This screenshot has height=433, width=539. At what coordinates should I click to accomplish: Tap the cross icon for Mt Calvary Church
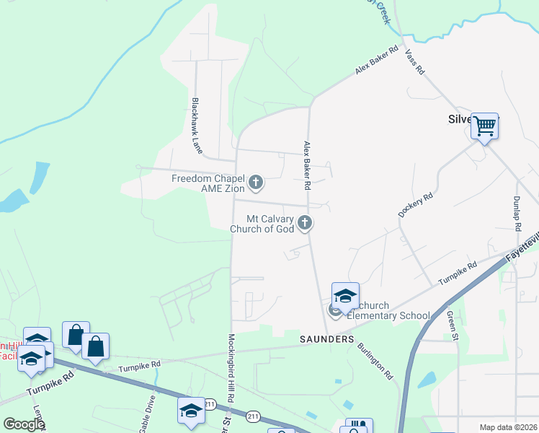[x=305, y=223]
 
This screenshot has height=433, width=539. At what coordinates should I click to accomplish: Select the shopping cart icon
[x=485, y=126]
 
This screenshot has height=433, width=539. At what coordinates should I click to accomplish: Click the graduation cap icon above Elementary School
[x=345, y=296]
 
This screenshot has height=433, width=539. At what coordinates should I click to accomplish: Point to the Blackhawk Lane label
[x=196, y=125]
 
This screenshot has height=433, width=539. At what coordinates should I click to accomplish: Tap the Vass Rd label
[x=414, y=62]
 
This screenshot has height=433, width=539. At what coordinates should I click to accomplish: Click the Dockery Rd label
[x=415, y=205]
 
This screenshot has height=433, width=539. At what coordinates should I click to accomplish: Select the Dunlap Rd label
[x=517, y=212]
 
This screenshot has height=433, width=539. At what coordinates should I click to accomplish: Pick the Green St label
[x=451, y=322]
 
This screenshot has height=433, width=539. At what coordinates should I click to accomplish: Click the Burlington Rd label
[x=375, y=361]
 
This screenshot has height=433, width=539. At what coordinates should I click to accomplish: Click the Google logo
[x=23, y=424]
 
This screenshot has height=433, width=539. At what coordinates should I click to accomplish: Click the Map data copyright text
[x=508, y=427]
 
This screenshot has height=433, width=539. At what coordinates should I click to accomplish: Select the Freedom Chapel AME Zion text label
[x=208, y=183]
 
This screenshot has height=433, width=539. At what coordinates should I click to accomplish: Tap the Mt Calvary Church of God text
[x=262, y=224]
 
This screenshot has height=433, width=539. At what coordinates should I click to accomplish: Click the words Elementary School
[x=388, y=315]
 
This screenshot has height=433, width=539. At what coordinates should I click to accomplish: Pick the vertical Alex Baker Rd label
[x=307, y=165]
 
